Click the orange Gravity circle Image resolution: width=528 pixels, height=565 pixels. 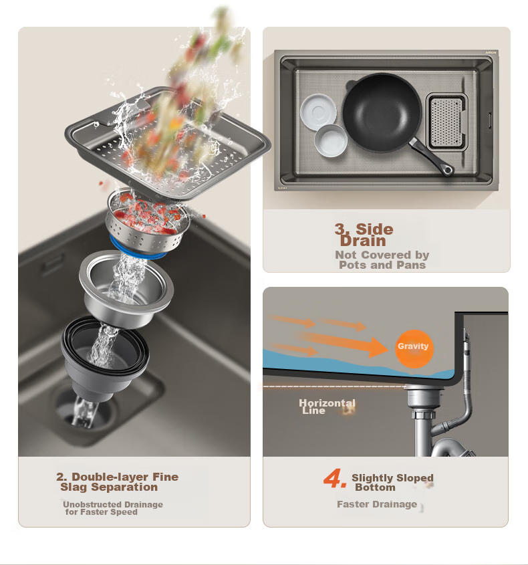pyautogui.click(x=414, y=348)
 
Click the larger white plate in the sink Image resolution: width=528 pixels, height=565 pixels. pyautogui.click(x=318, y=112)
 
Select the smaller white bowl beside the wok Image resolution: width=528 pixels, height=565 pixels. pyautogui.click(x=330, y=141)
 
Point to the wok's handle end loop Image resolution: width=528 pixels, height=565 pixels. pyautogui.click(x=448, y=169)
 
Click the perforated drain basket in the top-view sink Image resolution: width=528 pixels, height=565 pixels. pyautogui.click(x=446, y=122)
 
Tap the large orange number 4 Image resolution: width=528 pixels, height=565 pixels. pyautogui.click(x=335, y=478)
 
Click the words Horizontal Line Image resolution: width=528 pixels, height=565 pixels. pyautogui.click(x=327, y=407)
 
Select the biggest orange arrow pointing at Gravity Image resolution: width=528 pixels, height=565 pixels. pyautogui.click(x=342, y=342)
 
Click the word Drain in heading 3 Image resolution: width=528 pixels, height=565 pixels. pyautogui.click(x=363, y=241)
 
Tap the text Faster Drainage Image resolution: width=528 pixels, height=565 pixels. pyautogui.click(x=377, y=504)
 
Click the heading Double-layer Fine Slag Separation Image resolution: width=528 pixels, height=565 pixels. pyautogui.click(x=117, y=482)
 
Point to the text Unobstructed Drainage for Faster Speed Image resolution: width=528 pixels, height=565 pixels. pyautogui.click(x=113, y=508)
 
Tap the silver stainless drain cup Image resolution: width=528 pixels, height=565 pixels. pyautogui.click(x=126, y=288)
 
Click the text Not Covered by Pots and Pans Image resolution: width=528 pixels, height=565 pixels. pyautogui.click(x=382, y=260)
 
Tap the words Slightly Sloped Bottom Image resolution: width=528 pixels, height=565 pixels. pyautogui.click(x=392, y=483)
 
